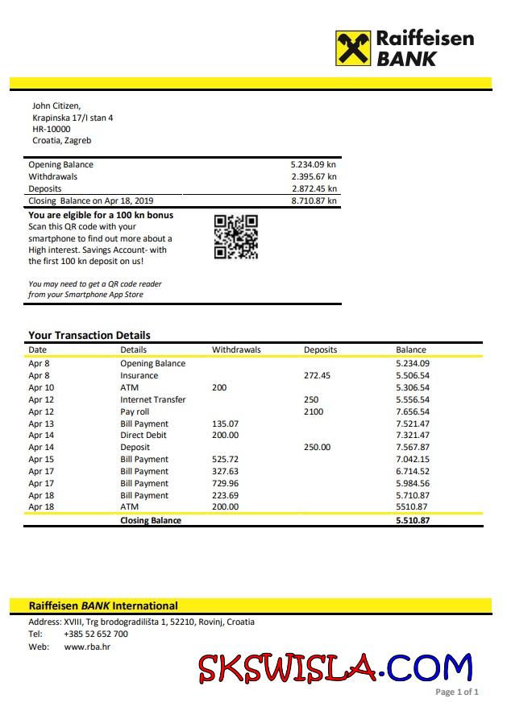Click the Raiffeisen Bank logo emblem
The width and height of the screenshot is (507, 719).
click(353, 48)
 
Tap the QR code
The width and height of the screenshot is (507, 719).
click(236, 237)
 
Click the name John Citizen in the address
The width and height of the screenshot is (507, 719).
click(56, 105)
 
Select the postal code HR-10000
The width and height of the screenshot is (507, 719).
click(52, 129)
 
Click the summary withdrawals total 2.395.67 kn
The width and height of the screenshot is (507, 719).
click(314, 176)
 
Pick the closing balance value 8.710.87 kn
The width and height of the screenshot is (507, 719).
click(314, 200)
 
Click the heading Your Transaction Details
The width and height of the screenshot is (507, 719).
click(89, 335)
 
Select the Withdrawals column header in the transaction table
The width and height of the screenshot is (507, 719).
click(236, 349)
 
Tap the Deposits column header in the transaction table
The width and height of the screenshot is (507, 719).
click(320, 349)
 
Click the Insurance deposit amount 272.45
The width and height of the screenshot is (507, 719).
click(317, 375)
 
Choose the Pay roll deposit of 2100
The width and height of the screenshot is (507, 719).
click(314, 411)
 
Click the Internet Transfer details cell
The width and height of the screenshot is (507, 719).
click(153, 399)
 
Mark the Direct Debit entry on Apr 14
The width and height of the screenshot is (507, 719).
click(143, 435)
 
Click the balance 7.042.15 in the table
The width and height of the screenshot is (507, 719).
click(413, 459)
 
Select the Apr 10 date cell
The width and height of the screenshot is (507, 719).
click(41, 387)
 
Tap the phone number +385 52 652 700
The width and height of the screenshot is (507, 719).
click(96, 634)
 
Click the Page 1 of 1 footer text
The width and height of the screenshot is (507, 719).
click(457, 692)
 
